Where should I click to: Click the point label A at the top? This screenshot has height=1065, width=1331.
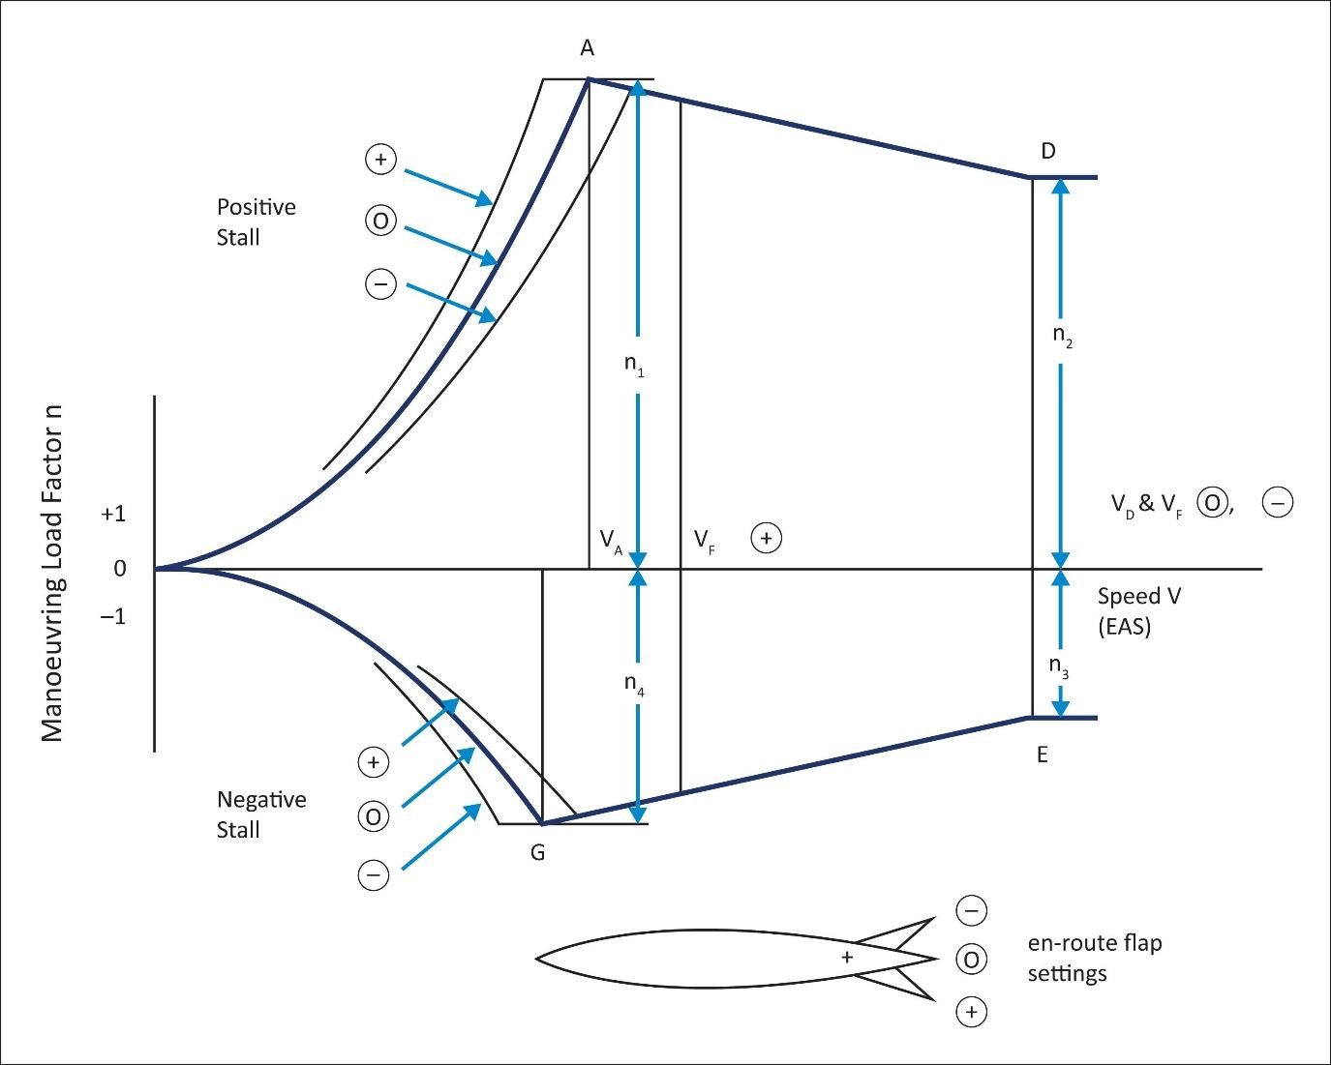[587, 48]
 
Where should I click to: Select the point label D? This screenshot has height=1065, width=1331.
[1048, 151]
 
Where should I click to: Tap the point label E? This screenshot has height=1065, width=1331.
[1043, 755]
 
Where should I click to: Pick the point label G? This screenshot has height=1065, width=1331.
[537, 853]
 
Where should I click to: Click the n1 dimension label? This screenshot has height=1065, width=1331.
[634, 366]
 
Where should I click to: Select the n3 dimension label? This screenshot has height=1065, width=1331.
[1060, 666]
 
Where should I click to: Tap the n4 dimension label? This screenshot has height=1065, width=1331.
[634, 684]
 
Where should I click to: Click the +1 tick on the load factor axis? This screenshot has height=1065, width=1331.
[113, 515]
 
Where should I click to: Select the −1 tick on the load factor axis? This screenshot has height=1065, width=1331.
[113, 616]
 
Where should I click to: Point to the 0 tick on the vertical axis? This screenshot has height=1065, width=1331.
[120, 569]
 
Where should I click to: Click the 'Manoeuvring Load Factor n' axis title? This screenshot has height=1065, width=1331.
[52, 573]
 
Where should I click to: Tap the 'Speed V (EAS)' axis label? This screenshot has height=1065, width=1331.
[1138, 610]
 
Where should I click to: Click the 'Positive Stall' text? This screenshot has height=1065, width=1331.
[256, 222]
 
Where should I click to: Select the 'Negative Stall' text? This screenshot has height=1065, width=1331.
[261, 814]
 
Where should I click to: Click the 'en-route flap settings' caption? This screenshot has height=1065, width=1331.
[1094, 958]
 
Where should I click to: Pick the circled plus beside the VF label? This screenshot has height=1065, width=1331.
[766, 538]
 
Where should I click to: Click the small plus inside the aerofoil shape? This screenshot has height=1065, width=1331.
[847, 957]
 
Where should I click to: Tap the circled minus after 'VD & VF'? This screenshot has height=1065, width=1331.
[1277, 503]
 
